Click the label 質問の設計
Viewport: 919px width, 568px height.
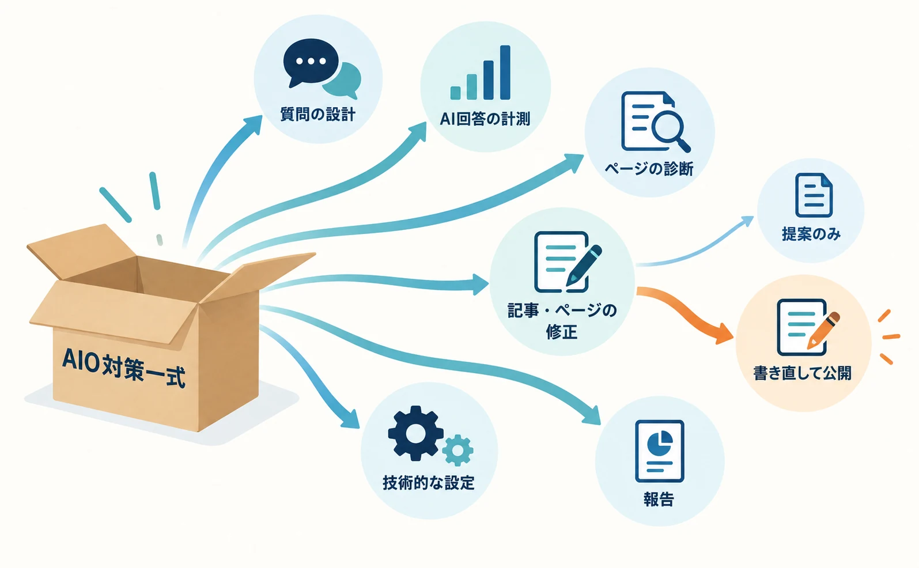(317, 114)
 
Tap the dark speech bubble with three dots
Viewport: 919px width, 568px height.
(311, 62)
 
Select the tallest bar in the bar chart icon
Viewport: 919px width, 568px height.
(505, 73)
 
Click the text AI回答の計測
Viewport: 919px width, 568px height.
(485, 119)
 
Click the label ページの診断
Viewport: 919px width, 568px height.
(649, 169)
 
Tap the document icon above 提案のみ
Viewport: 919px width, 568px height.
(814, 195)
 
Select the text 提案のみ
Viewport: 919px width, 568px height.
(811, 234)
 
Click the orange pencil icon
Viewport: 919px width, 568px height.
(823, 331)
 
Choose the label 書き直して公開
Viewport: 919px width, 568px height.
(803, 373)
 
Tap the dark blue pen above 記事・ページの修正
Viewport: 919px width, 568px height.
(584, 266)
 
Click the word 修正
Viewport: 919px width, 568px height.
(562, 331)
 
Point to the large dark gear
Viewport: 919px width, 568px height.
(415, 433)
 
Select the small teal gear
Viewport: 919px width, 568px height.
(457, 450)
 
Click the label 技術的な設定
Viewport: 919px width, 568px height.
(428, 483)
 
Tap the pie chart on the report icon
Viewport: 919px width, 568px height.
(660, 443)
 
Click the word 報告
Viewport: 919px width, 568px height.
(659, 499)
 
